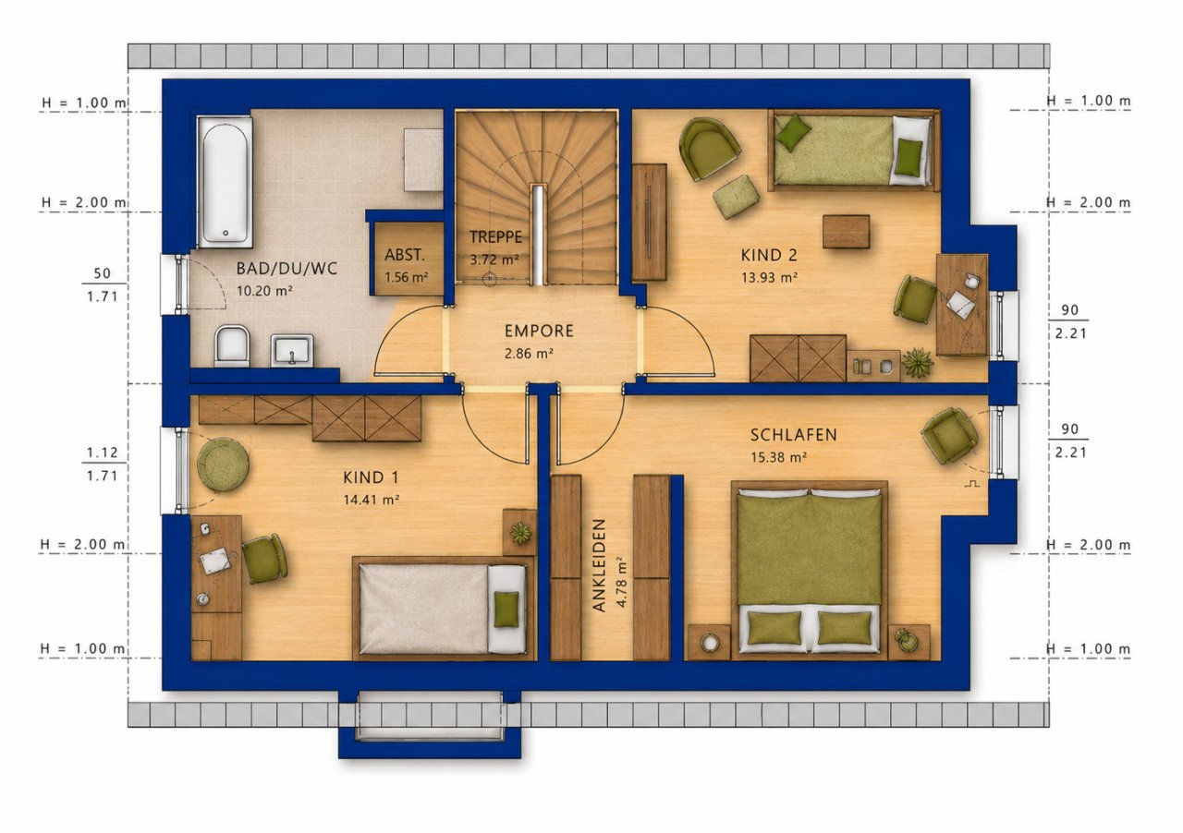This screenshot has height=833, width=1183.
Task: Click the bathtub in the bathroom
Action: point(225,182)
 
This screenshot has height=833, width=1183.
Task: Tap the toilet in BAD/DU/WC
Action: point(232,345)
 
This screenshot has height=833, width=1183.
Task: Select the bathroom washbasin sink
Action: point(291,350)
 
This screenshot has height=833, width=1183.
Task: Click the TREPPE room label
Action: point(495,237)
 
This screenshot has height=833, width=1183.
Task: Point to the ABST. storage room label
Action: point(405,256)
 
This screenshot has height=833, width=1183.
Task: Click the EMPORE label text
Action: point(539,331)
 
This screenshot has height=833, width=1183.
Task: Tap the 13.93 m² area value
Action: point(769,277)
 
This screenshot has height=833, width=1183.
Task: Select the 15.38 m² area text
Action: point(779,457)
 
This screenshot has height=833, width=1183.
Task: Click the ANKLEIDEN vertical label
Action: point(598,565)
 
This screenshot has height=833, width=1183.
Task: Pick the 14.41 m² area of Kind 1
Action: point(371,500)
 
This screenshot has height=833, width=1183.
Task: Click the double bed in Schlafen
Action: point(809,570)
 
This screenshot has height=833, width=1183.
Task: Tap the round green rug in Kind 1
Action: point(224,465)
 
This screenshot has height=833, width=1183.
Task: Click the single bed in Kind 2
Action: point(854,150)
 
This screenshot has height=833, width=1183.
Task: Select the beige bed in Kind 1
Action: point(441,608)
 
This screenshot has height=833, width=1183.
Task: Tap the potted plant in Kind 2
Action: point(918,363)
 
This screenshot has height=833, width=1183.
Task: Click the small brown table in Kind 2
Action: point(846,231)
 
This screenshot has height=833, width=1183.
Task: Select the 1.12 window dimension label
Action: point(103,453)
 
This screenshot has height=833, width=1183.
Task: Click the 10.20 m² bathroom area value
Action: point(264,291)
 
